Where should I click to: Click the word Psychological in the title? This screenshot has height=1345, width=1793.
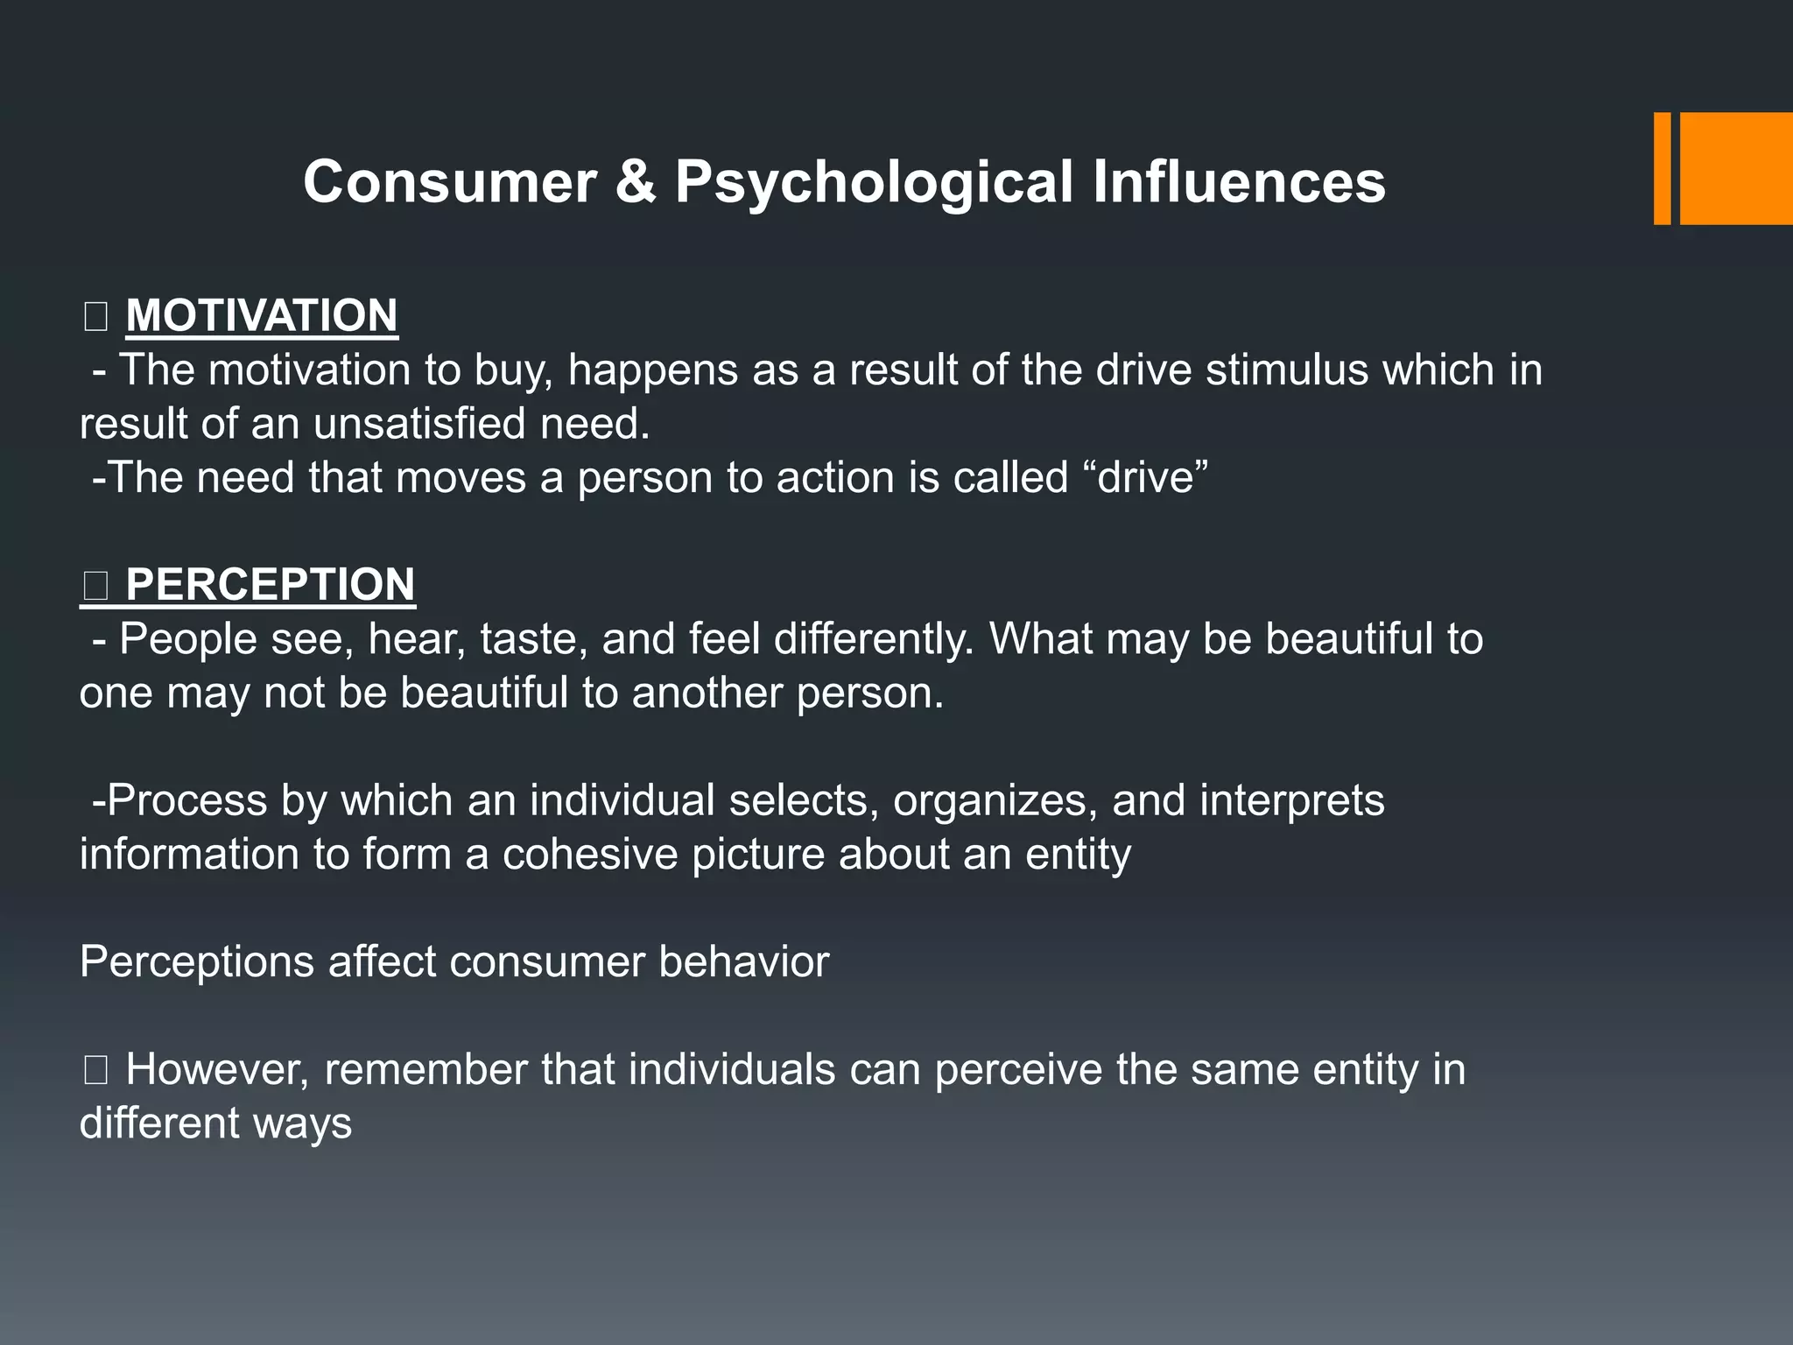point(873,183)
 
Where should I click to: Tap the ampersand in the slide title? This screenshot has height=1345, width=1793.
point(636,182)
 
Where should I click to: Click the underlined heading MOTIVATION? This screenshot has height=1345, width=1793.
point(262,315)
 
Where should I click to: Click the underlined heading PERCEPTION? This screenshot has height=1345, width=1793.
point(270,584)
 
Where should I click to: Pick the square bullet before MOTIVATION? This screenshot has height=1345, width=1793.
point(95,316)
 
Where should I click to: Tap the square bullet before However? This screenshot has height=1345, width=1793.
point(95,1070)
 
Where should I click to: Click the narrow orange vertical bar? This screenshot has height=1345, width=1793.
point(1662,168)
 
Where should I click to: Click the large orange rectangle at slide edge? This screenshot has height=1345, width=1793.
point(1736,168)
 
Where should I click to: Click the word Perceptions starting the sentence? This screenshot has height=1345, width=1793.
point(197,962)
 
